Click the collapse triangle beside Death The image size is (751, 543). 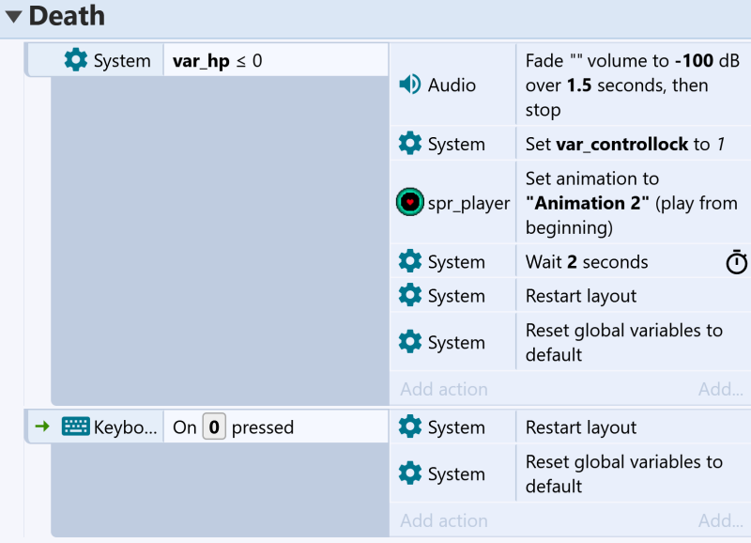14,17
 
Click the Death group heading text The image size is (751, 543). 67,16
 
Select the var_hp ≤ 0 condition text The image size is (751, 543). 218,61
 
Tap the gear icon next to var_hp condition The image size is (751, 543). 76,60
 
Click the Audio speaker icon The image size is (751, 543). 410,85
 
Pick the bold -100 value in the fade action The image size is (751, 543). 694,61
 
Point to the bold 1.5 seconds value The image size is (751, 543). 579,85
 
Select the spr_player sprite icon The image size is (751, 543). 410,202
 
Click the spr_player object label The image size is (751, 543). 468,203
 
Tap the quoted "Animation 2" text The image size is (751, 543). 588,203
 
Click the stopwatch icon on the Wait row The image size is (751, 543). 737,262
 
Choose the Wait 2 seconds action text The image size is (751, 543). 587,262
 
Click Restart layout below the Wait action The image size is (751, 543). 581,296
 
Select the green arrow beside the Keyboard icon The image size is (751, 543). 42,427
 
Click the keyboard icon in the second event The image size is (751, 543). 76,427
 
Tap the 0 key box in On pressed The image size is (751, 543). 214,427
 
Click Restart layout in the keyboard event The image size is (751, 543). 581,427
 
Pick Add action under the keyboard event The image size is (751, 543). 444,520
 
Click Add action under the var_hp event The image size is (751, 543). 444,389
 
